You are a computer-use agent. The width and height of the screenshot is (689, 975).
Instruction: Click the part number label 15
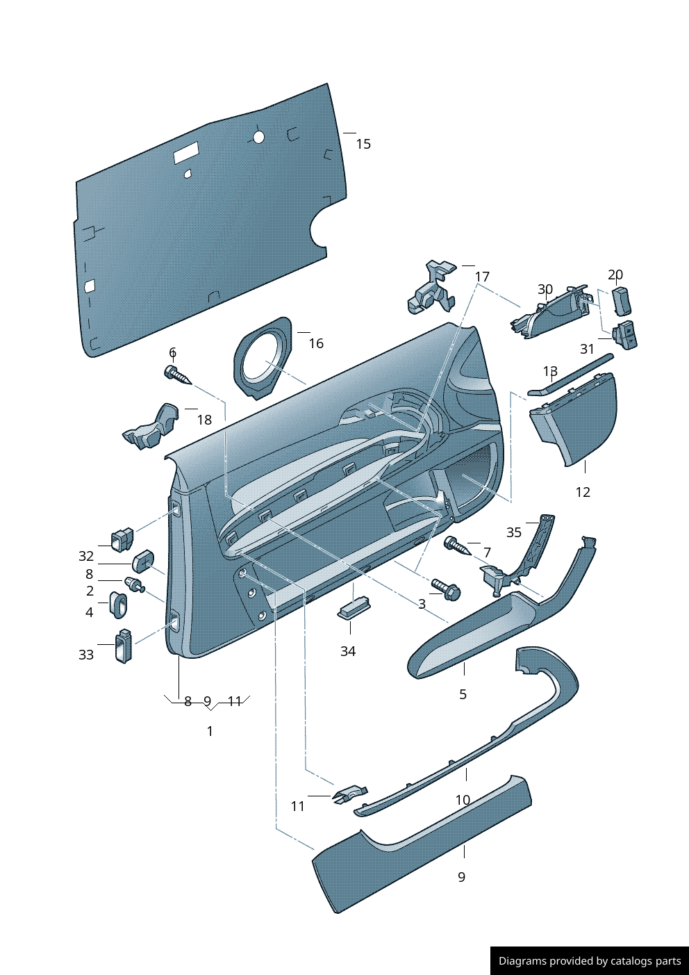363,144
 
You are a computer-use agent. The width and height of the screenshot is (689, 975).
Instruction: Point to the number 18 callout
204,420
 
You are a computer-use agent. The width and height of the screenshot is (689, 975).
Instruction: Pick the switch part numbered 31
625,335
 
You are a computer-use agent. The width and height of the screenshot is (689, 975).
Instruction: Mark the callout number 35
513,532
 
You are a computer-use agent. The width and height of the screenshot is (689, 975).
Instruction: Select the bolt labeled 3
445,589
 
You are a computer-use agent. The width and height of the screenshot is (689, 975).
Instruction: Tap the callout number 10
463,800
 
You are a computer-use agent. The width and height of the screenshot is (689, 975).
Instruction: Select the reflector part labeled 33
123,646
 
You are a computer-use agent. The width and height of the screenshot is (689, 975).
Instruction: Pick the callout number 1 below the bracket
210,731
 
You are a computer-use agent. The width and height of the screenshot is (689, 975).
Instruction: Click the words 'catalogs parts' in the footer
645,961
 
